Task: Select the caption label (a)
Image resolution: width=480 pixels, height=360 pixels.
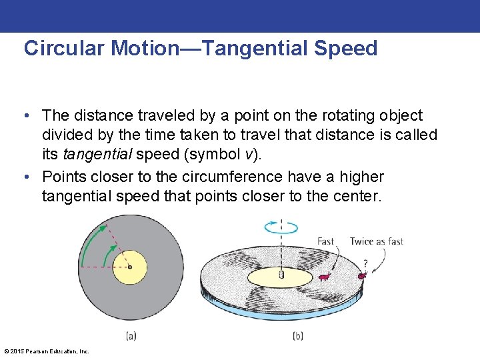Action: pyautogui.click(x=131, y=335)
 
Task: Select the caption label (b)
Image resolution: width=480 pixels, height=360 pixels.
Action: pyautogui.click(x=298, y=335)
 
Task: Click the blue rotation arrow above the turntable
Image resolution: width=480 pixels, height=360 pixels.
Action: pyautogui.click(x=281, y=228)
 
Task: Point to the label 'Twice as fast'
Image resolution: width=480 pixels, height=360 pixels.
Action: pyautogui.click(x=377, y=241)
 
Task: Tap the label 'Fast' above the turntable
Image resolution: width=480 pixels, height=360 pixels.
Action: pyautogui.click(x=325, y=241)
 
